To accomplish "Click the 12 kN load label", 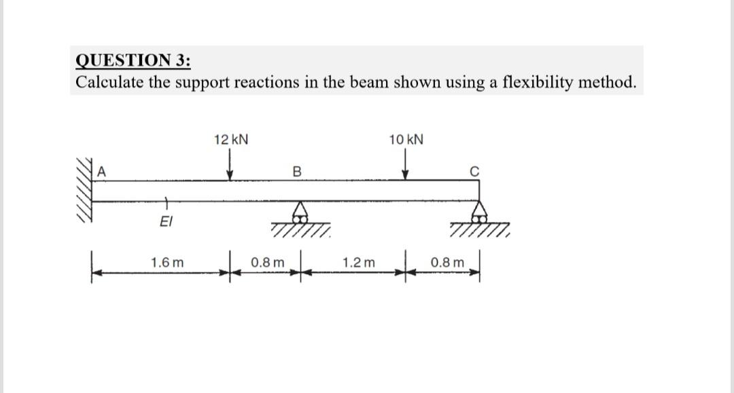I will [x=230, y=140].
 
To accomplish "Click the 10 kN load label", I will [x=406, y=140].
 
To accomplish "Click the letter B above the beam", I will [x=296, y=171].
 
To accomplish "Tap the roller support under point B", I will [x=299, y=216].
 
